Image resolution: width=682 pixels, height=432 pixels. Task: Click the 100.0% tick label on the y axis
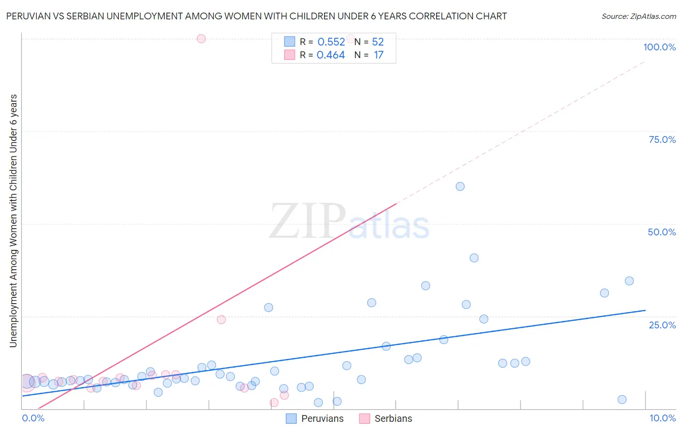click(659, 47)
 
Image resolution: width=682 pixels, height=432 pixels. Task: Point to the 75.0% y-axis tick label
click(662, 139)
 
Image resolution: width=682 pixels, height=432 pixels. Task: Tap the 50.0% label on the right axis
click(662, 232)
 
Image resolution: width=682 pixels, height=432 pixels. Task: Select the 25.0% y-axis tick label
click(662, 324)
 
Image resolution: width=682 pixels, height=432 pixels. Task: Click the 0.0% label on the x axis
click(33, 418)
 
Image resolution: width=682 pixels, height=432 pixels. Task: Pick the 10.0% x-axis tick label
click(662, 418)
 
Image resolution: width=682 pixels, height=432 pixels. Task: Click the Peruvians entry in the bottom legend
click(322, 418)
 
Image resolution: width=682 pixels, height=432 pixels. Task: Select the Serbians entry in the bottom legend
click(393, 418)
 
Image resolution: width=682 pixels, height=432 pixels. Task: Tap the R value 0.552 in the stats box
click(331, 42)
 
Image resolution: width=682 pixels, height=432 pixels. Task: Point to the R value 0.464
click(331, 55)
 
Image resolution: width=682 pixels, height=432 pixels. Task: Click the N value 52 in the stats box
click(378, 42)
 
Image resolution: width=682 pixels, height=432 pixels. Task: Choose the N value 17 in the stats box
click(378, 55)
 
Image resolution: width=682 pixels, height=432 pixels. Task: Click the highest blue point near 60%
click(460, 186)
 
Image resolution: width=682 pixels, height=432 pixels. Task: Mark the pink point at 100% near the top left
click(201, 39)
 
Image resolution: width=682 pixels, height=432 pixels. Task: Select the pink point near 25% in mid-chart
click(221, 320)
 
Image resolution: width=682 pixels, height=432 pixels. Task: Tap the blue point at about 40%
click(474, 258)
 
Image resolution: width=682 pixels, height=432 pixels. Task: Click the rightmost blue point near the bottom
click(622, 400)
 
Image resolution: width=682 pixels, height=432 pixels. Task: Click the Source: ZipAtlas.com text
click(638, 16)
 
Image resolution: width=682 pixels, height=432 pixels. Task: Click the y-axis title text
click(14, 221)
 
